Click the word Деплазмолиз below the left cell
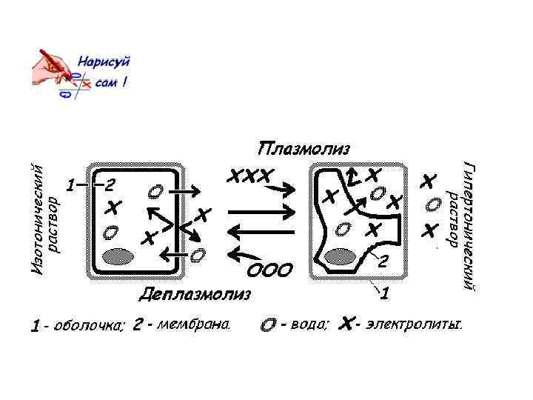click(x=195, y=294)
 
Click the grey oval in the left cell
click(x=117, y=256)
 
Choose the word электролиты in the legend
click(x=414, y=324)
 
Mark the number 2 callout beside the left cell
click(x=110, y=183)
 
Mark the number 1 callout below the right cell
click(x=385, y=294)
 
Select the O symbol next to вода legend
click(x=269, y=325)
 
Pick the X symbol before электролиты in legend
click(x=345, y=324)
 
